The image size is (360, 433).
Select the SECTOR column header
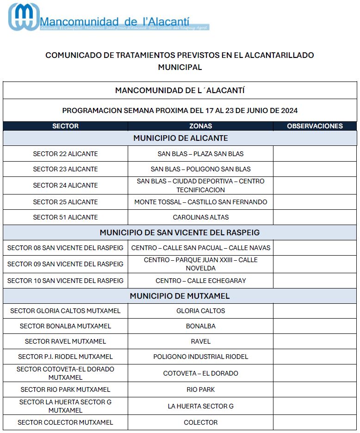pyautogui.click(x=65, y=126)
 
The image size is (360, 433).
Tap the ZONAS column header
pyautogui.click(x=200, y=126)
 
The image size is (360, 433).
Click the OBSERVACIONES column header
pyautogui.click(x=315, y=126)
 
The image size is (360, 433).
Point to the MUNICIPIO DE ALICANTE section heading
pyautogui.click(x=180, y=138)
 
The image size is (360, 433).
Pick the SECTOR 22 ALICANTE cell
pyautogui.click(x=65, y=154)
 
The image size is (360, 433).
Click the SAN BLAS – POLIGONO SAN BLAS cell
pyautogui.click(x=200, y=169)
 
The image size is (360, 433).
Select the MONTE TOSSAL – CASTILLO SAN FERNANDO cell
pyautogui.click(x=200, y=202)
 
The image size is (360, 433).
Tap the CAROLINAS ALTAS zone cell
pyautogui.click(x=200, y=217)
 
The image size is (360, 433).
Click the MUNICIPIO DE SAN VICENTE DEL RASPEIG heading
pyautogui.click(x=180, y=232)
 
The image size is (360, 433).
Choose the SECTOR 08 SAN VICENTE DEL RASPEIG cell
pyautogui.click(x=65, y=248)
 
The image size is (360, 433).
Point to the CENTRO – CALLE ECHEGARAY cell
pyautogui.click(x=200, y=281)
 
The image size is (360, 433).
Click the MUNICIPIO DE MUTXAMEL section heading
pyautogui.click(x=180, y=296)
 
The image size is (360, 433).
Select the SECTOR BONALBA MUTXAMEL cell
pyautogui.click(x=65, y=326)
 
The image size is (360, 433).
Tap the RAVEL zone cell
pyautogui.click(x=200, y=341)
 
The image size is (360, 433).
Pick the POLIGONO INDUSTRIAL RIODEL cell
pyautogui.click(x=200, y=357)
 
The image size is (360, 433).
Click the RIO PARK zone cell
pyautogui.click(x=200, y=389)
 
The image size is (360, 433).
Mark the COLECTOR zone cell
pyautogui.click(x=200, y=422)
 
